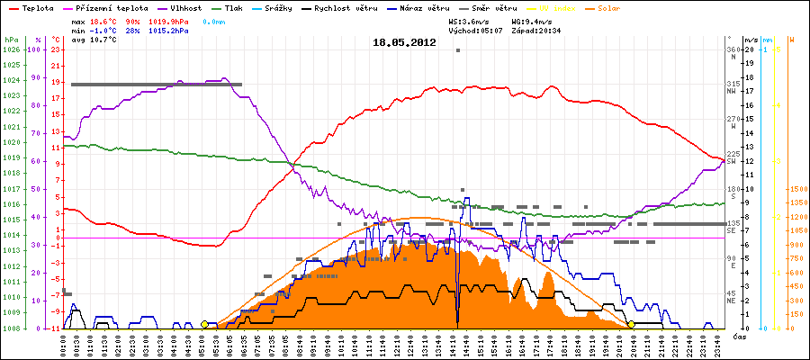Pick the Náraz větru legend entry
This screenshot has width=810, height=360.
(x=426, y=7)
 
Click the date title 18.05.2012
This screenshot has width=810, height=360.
(x=404, y=41)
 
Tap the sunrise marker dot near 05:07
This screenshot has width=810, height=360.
(x=205, y=324)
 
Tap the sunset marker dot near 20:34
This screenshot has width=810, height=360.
(x=631, y=324)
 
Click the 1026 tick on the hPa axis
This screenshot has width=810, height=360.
(x=11, y=49)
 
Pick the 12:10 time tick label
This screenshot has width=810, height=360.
(x=397, y=346)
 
